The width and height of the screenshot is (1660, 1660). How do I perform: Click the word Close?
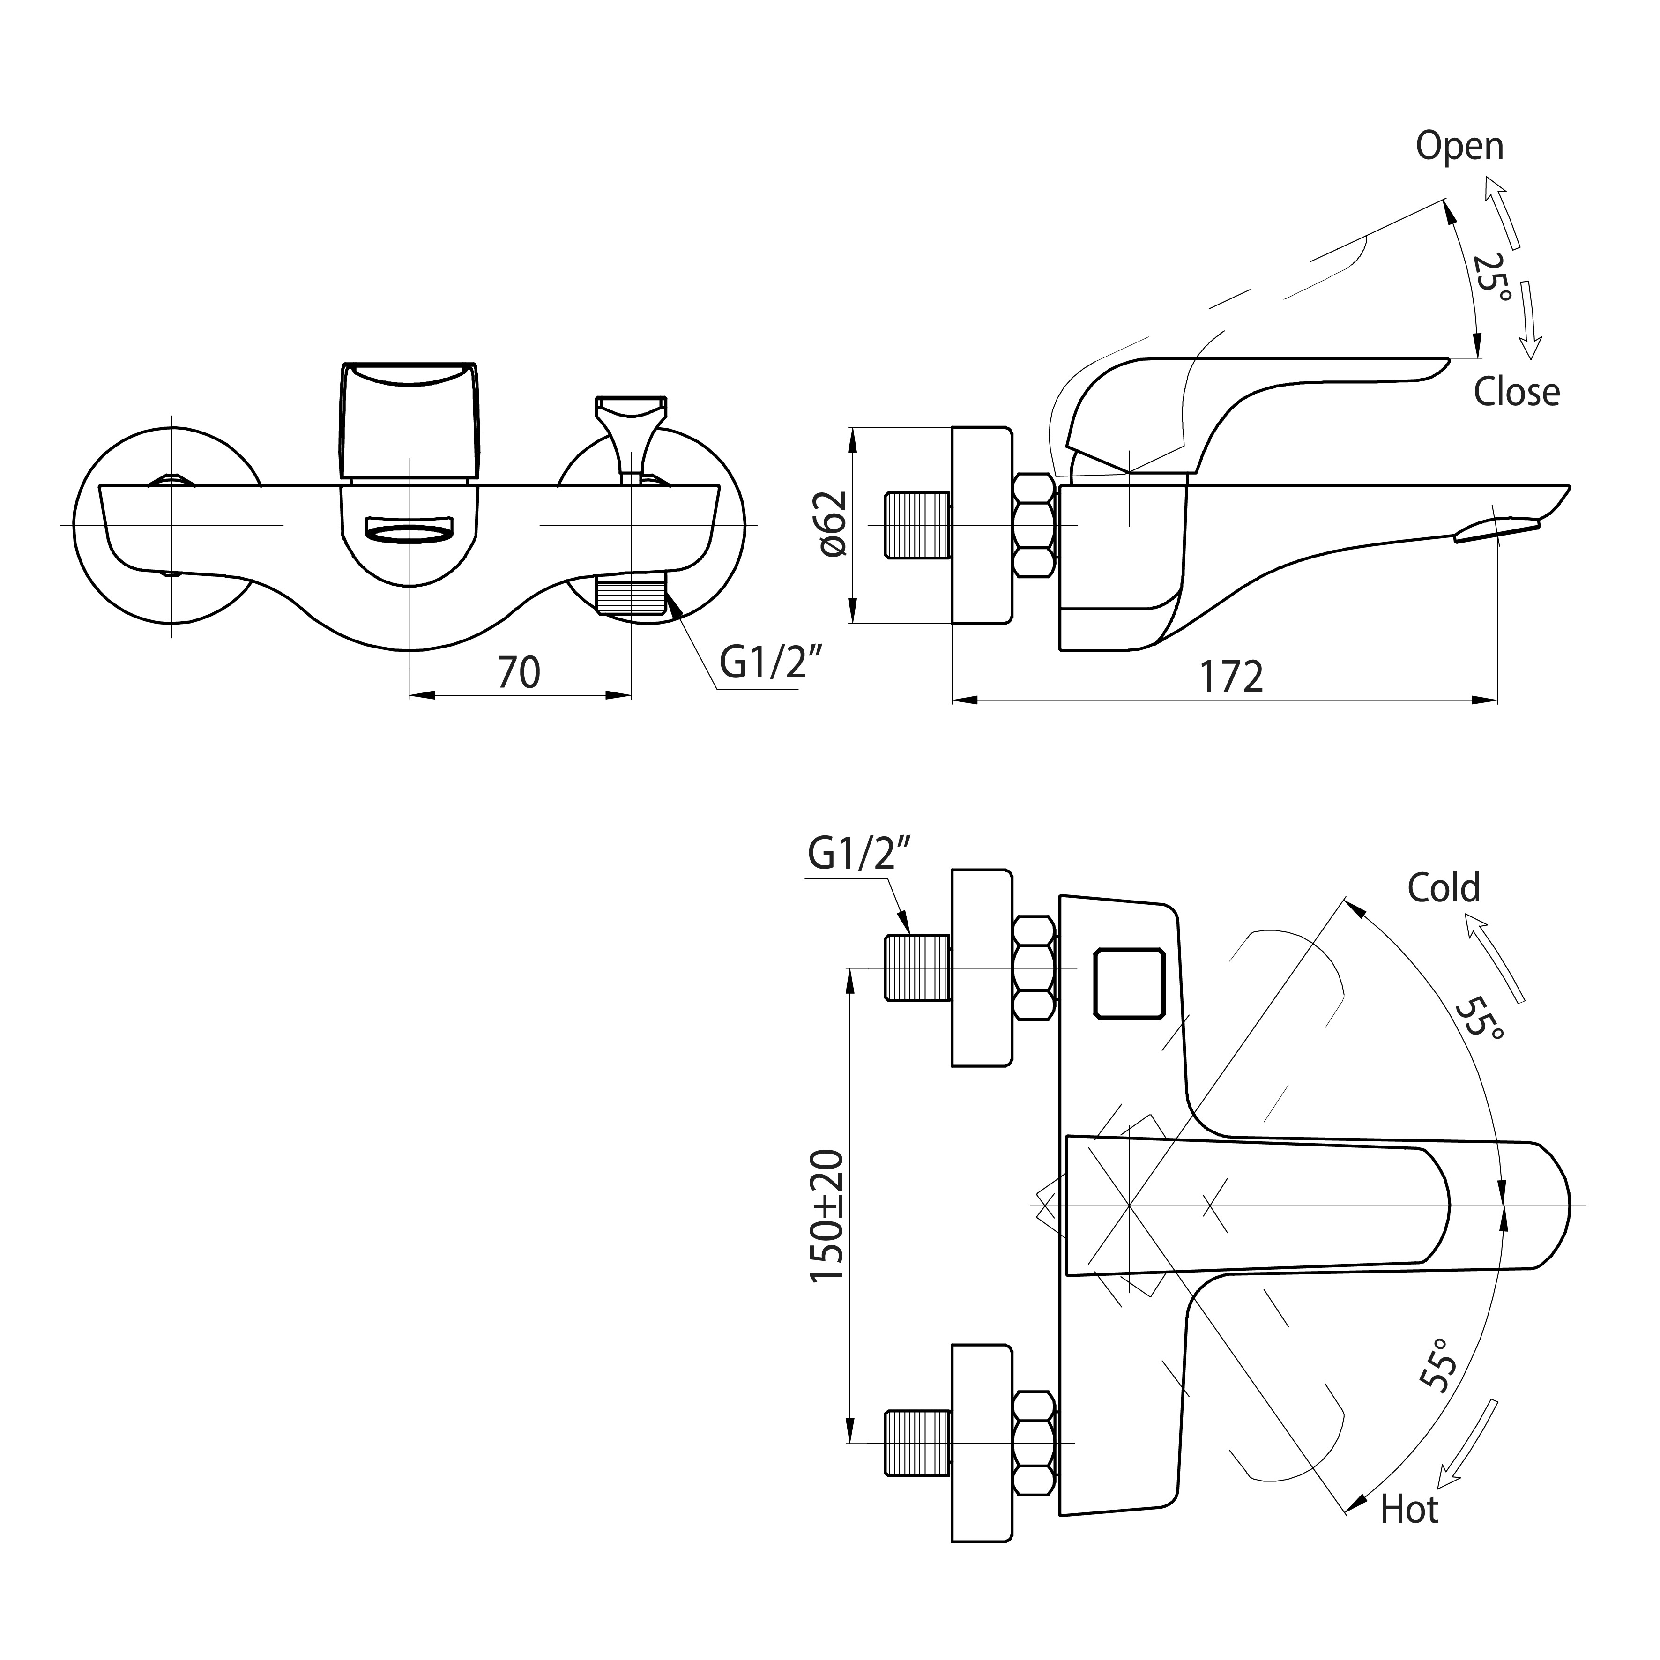coord(1517,393)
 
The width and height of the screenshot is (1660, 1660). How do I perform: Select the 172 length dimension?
coord(1231,678)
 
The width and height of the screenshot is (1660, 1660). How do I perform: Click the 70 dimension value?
coord(519,673)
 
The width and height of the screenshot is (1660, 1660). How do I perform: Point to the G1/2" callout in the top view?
coord(858,856)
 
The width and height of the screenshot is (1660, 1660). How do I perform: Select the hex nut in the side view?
coord(1035,526)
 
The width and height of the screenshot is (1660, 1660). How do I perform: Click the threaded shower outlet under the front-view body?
coord(631,596)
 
